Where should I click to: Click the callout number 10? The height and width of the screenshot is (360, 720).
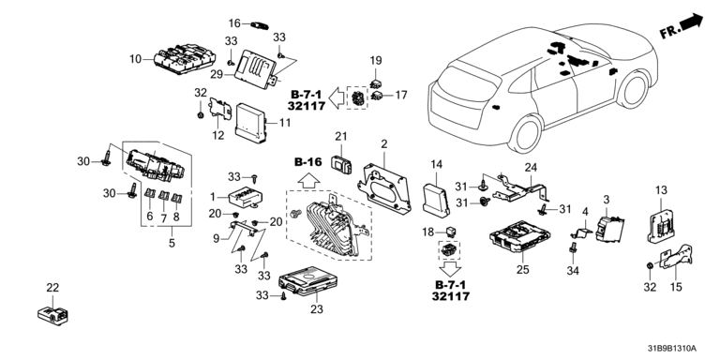[135, 59]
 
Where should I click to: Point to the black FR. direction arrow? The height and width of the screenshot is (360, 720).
[691, 22]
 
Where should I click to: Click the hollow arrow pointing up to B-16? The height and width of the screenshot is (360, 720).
[307, 178]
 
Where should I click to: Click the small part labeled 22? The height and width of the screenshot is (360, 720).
[52, 314]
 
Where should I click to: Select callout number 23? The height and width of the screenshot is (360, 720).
[317, 309]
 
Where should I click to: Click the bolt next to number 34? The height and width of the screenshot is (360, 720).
[573, 248]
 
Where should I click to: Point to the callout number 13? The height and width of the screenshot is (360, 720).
[660, 189]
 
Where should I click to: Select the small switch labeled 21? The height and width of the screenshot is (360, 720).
[341, 164]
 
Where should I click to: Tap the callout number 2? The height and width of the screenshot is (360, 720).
[383, 143]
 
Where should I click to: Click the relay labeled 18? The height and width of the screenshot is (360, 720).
[450, 231]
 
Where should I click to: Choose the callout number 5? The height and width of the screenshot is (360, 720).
[172, 243]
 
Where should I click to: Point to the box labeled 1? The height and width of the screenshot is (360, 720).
[245, 197]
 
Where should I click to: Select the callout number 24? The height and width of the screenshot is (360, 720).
[531, 168]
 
